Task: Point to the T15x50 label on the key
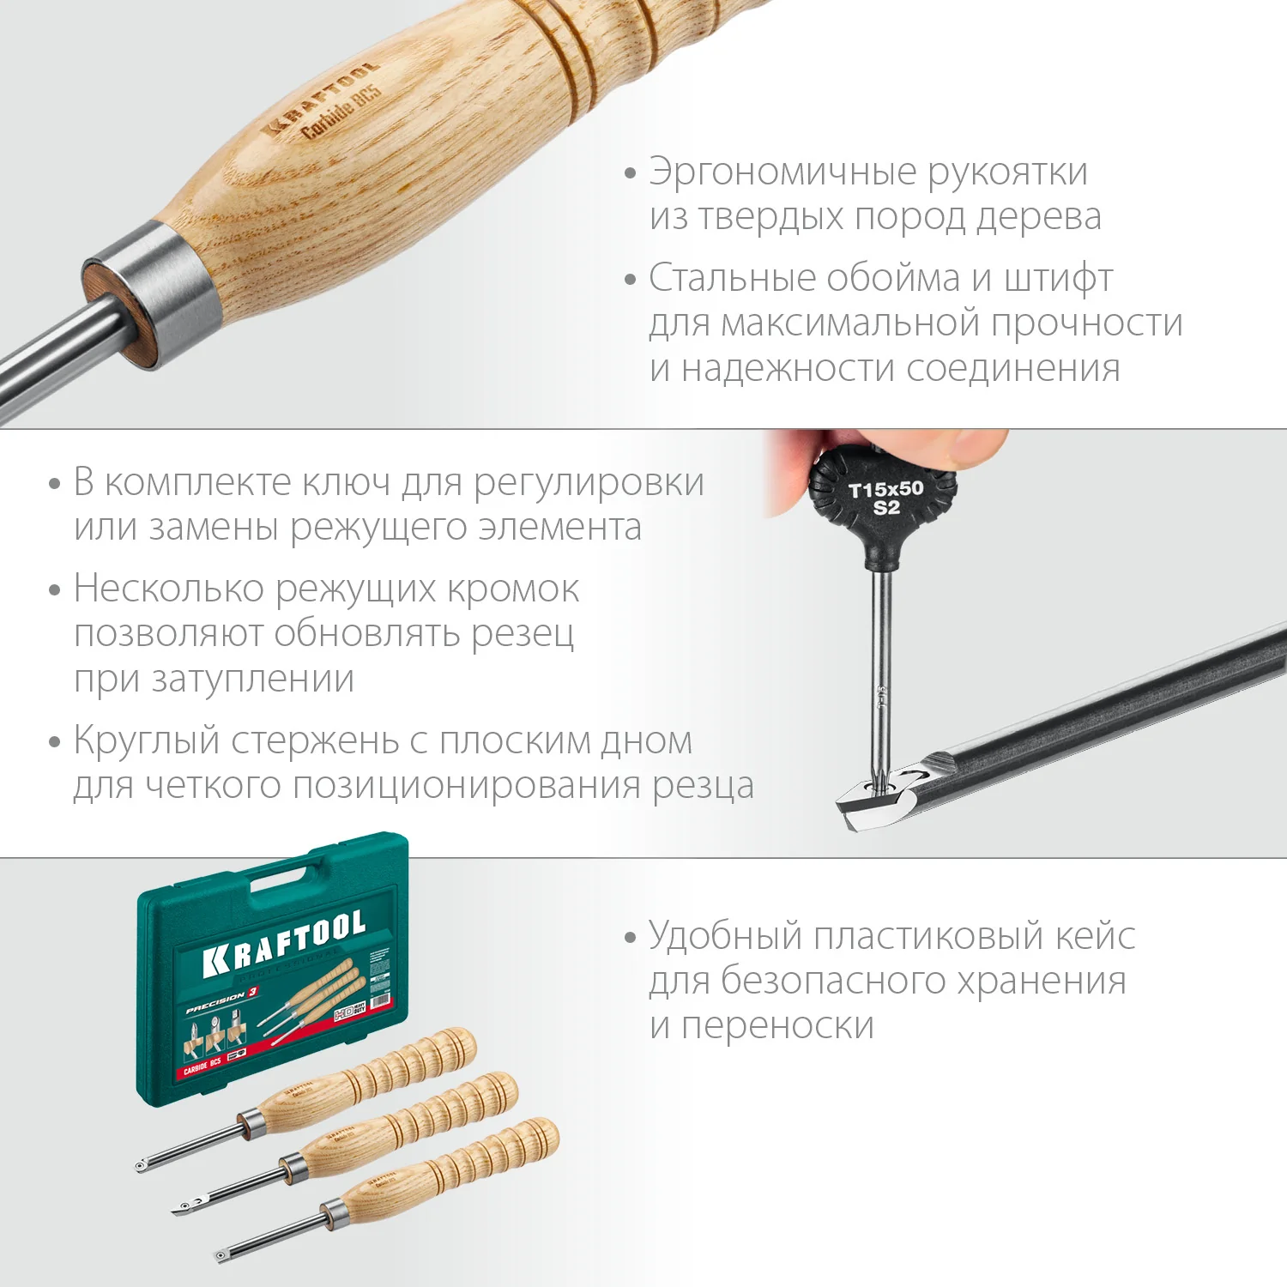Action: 885,490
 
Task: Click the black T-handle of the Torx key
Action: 884,511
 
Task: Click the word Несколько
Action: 168,589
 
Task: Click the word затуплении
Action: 252,680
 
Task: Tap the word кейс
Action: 1095,935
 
